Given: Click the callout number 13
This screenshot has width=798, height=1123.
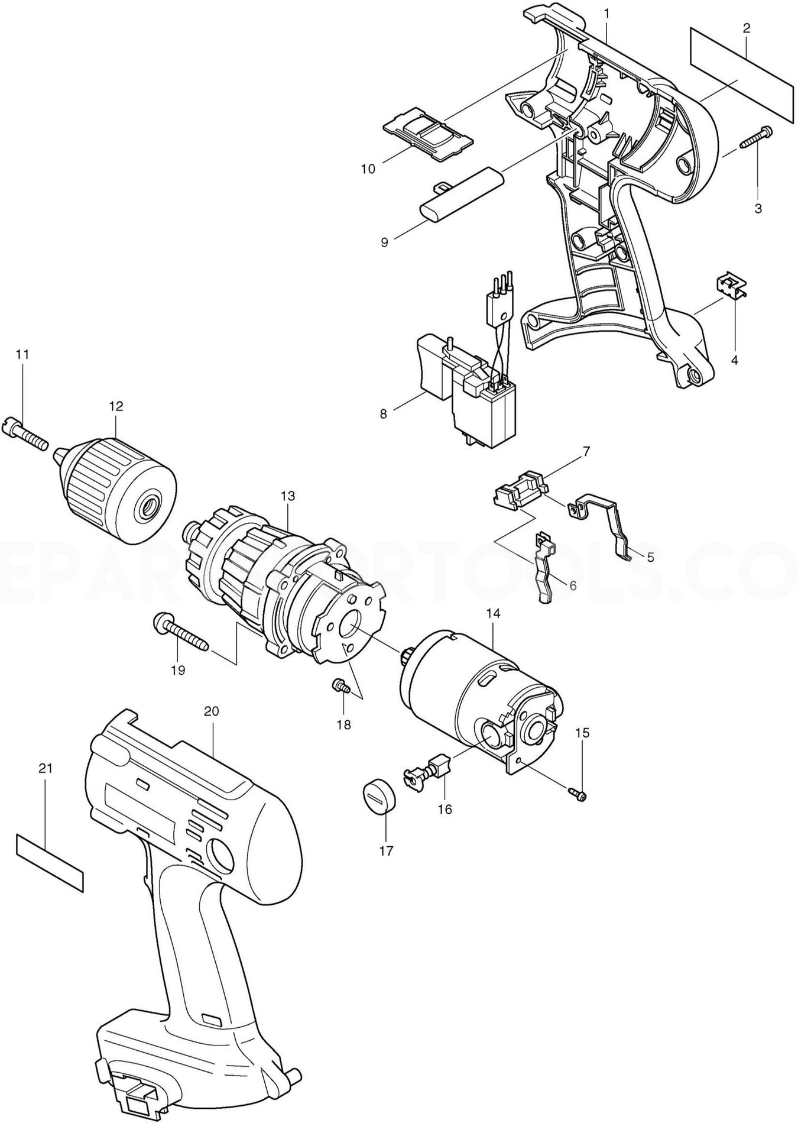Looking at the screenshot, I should tap(287, 496).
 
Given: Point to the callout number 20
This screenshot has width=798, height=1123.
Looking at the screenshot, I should tap(211, 711).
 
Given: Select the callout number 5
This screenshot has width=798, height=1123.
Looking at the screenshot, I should tap(650, 556).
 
